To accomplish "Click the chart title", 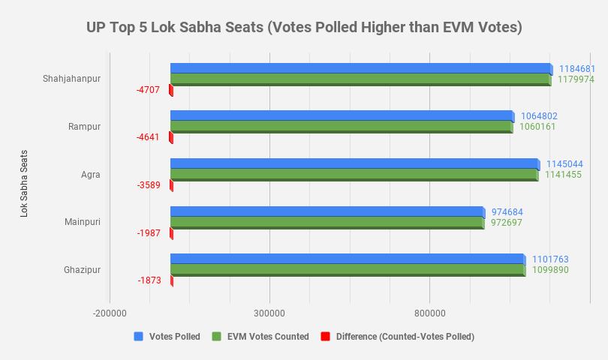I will pyautogui.click(x=304, y=28).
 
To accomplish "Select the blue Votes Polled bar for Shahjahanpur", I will pyautogui.click(x=360, y=68).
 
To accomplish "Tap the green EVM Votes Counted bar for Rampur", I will pyautogui.click(x=341, y=127).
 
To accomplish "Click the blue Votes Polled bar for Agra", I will pyautogui.click(x=354, y=163).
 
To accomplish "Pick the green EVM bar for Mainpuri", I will pyautogui.click(x=327, y=222).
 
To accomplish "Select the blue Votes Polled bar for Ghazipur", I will pyautogui.click(x=347, y=259).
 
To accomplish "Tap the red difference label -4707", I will pyautogui.click(x=148, y=90).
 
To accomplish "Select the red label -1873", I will pyautogui.click(x=149, y=280).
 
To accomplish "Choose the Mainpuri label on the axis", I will pyautogui.click(x=83, y=222).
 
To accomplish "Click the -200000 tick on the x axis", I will pyautogui.click(x=110, y=312).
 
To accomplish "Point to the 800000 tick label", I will pyautogui.click(x=429, y=312).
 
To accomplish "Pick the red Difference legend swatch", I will pyautogui.click(x=325, y=337).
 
